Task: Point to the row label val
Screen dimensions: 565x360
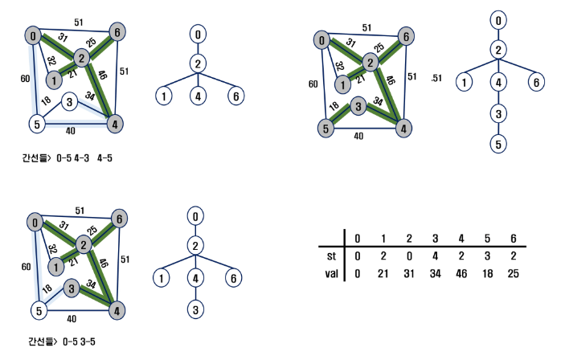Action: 326,274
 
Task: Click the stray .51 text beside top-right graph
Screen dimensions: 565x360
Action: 436,79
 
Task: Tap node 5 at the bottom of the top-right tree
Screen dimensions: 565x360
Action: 499,144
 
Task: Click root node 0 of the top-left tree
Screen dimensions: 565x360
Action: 196,35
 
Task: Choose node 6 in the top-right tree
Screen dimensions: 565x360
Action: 535,81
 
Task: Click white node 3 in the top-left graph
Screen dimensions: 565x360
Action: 71,102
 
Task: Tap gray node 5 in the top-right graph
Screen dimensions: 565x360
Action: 324,128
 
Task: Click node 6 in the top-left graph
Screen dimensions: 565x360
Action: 118,32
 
